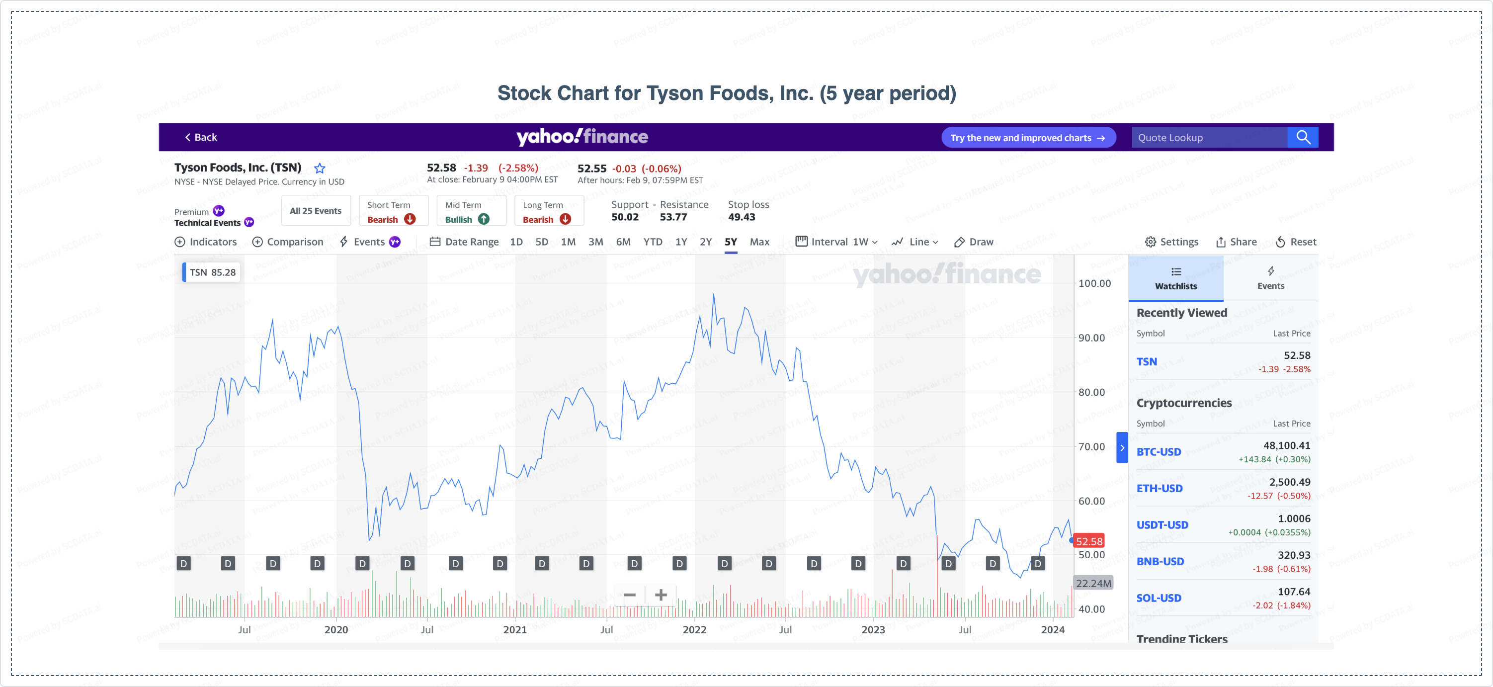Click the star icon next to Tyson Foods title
(x=320, y=169)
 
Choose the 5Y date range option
(x=730, y=242)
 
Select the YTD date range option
(x=653, y=242)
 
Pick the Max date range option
(x=759, y=242)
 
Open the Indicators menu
(x=206, y=242)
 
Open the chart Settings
(x=1171, y=242)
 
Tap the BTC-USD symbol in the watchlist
(x=1159, y=452)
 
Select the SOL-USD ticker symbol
(x=1159, y=598)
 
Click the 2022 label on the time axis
(x=694, y=630)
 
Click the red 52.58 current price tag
(x=1089, y=541)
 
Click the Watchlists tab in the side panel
(x=1175, y=279)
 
